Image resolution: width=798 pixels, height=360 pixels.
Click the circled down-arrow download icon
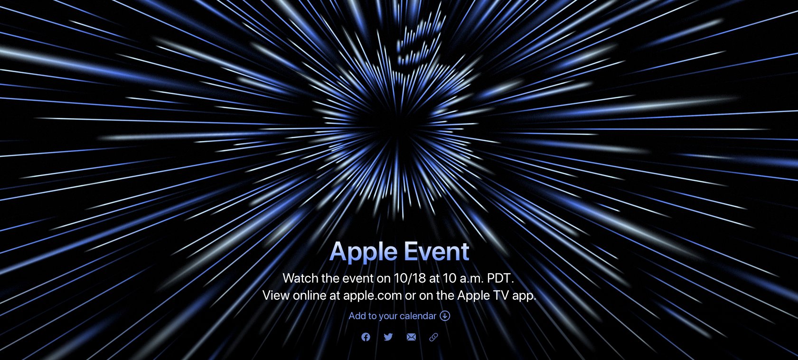pos(445,316)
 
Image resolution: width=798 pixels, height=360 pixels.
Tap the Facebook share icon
pos(366,337)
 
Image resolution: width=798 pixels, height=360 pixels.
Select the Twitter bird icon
pos(388,336)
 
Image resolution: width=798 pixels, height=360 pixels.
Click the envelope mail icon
pos(411,337)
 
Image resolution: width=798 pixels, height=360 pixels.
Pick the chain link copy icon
pos(433,337)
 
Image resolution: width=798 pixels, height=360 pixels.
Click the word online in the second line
pos(309,295)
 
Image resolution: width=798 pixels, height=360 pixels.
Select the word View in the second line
pos(276,295)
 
